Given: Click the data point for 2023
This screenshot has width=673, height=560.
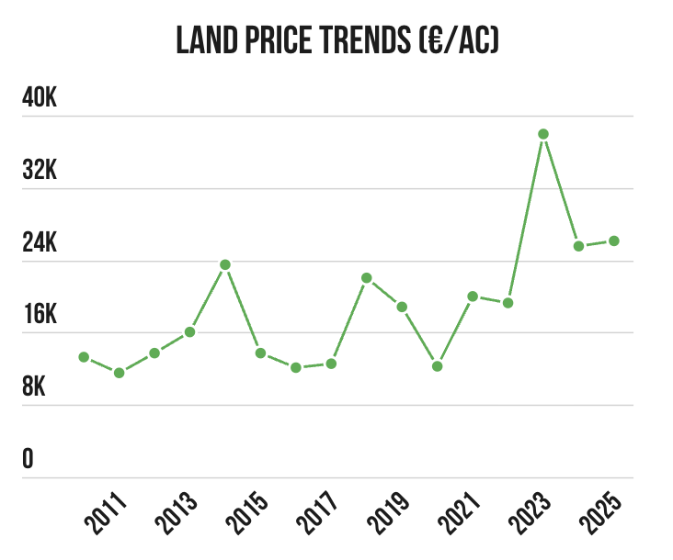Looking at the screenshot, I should point(543,134).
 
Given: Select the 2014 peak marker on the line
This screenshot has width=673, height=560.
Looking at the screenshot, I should point(225,264).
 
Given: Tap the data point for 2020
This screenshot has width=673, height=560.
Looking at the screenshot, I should point(438,366).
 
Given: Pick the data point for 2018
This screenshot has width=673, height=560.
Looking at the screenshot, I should point(367,277).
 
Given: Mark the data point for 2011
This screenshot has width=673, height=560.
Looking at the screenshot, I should point(120,373).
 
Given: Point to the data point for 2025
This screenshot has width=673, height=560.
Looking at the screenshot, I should point(614,241).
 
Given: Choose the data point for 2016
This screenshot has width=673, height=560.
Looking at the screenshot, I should point(296,367).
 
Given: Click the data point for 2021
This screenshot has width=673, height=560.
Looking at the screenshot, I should point(473,297).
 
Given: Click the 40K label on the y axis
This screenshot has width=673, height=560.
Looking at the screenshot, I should point(40,98).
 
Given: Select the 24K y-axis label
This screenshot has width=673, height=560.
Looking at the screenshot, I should point(40,243).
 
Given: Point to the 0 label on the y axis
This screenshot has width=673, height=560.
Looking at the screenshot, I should point(29,459).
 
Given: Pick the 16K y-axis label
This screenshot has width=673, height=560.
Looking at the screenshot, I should point(40,315).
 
